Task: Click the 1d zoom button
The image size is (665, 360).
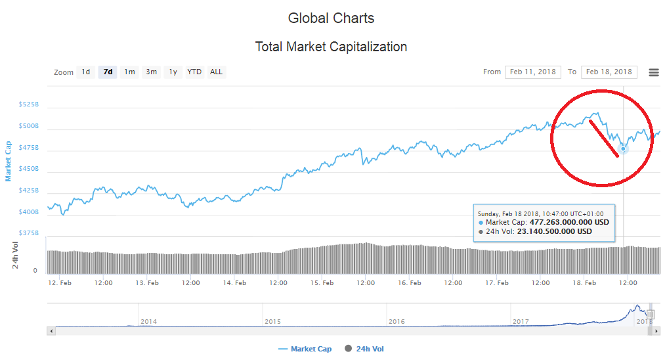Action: [85, 72]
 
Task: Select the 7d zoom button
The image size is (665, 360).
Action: [108, 72]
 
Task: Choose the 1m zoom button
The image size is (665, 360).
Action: [129, 72]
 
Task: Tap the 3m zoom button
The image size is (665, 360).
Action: [151, 72]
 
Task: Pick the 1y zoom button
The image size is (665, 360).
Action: [173, 72]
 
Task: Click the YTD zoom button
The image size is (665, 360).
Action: [194, 72]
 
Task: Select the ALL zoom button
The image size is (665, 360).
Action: [216, 72]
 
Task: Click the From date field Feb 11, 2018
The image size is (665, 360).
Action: [532, 72]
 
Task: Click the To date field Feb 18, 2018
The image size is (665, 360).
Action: [609, 72]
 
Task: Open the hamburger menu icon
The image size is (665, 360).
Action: [653, 72]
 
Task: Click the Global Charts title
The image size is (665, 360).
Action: [332, 18]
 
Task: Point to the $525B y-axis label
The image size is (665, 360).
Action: [30, 104]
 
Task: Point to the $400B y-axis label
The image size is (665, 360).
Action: [30, 212]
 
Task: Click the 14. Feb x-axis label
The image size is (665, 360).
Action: [234, 283]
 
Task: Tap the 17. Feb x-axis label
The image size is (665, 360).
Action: [497, 283]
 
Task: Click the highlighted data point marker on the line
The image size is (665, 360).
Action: [623, 148]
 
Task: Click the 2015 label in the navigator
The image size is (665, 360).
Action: [272, 321]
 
